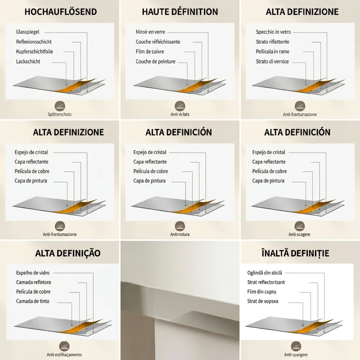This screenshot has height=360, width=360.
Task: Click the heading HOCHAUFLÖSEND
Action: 61,12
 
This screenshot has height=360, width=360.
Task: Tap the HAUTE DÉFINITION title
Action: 180,12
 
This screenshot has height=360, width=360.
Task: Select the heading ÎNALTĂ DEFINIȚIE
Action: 295,253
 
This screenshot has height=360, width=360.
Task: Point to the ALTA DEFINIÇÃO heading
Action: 68,253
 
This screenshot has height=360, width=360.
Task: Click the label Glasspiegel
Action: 27,32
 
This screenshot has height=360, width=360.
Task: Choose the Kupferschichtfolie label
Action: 35,51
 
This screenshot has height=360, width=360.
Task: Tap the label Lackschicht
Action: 28,61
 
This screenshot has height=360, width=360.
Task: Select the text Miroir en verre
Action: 150,32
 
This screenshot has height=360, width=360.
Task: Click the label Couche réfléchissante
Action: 158,42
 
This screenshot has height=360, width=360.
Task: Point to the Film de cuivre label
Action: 150,51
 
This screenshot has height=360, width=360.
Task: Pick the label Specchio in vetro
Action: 273,32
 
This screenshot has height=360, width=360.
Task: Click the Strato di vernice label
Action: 272,61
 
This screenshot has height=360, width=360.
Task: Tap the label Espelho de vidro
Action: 33,273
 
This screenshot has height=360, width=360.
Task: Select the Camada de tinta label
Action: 32,301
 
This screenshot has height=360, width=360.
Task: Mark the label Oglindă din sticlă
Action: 265,273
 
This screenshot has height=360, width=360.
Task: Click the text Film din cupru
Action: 261,292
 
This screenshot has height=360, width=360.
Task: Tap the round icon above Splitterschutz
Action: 60,106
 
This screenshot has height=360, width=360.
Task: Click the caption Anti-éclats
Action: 180,114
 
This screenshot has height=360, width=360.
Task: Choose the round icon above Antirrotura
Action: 180,226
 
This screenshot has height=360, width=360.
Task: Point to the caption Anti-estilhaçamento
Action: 64,355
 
